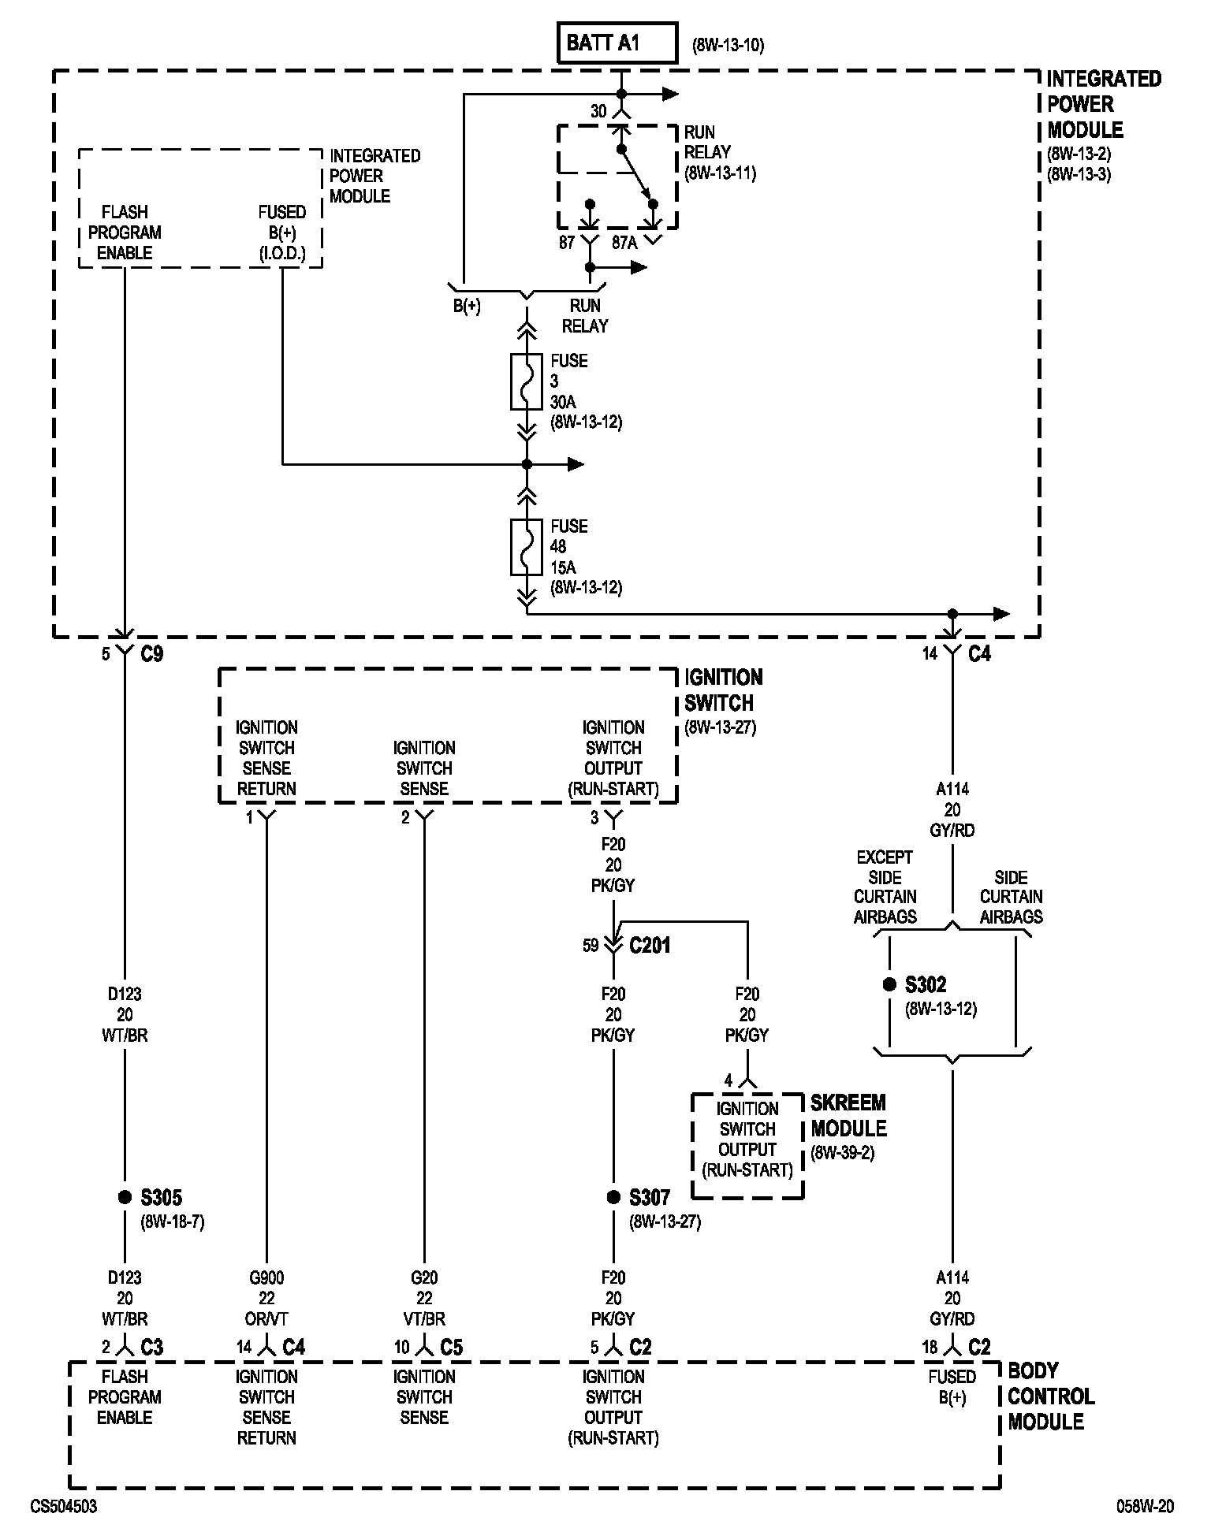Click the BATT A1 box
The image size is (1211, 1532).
pyautogui.click(x=617, y=43)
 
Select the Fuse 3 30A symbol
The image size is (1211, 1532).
pyautogui.click(x=527, y=381)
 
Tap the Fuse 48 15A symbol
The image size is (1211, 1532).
pyautogui.click(x=527, y=546)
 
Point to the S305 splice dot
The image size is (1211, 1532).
pyautogui.click(x=125, y=1197)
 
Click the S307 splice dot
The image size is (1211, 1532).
pyautogui.click(x=613, y=1197)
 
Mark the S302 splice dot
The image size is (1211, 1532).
pyautogui.click(x=889, y=984)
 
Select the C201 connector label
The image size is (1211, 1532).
pyautogui.click(x=650, y=945)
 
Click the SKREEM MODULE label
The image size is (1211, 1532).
pyautogui.click(x=848, y=1115)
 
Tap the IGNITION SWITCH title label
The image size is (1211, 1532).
pyautogui.click(x=722, y=690)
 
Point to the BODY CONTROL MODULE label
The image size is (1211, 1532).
pyautogui.click(x=1050, y=1396)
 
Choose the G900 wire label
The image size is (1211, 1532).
pyautogui.click(x=266, y=1277)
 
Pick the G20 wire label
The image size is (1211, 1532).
pyautogui.click(x=424, y=1277)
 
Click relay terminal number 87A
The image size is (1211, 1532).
pyautogui.click(x=624, y=243)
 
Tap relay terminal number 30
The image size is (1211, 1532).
pyautogui.click(x=598, y=112)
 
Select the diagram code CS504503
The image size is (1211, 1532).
pyautogui.click(x=64, y=1506)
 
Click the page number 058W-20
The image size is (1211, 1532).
pyautogui.click(x=1145, y=1506)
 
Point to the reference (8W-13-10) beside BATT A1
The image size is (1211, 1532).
pyautogui.click(x=728, y=45)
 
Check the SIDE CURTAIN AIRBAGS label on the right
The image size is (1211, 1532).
pyautogui.click(x=1011, y=897)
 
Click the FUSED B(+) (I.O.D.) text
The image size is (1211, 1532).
pyautogui.click(x=281, y=232)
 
